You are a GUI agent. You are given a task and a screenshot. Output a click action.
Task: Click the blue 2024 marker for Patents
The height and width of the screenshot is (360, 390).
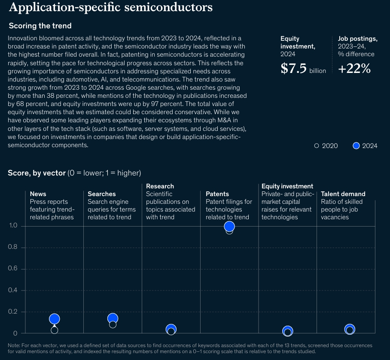pyautogui.click(x=229, y=226)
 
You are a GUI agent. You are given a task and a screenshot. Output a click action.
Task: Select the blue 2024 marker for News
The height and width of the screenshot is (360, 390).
pyautogui.click(x=54, y=319)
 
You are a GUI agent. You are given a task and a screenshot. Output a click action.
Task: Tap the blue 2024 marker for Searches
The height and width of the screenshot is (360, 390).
pyautogui.click(x=113, y=318)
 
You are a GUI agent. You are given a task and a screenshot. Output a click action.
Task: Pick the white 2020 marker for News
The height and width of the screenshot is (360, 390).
pyautogui.click(x=54, y=330)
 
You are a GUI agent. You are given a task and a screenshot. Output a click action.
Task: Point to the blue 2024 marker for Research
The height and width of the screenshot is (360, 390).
pyautogui.click(x=171, y=329)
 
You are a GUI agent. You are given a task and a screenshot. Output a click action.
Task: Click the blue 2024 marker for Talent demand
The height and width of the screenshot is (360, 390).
pyautogui.click(x=350, y=329)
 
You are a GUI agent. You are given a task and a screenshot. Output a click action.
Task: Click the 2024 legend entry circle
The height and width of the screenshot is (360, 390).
pyautogui.click(x=356, y=146)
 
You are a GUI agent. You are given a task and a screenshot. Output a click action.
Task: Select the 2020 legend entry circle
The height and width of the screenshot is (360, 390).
pyautogui.click(x=317, y=146)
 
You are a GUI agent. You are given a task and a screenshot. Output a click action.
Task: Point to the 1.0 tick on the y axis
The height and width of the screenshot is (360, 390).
pyautogui.click(x=13, y=226)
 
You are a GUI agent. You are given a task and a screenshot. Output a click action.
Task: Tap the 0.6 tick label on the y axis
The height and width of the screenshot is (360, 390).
pyautogui.click(x=13, y=269)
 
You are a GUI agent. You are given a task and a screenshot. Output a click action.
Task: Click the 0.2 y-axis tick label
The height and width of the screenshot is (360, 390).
pyautogui.click(x=13, y=312)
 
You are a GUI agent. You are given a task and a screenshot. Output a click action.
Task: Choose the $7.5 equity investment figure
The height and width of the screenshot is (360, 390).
pyautogui.click(x=294, y=69)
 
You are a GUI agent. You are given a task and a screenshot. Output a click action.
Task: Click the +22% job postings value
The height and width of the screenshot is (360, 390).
pyautogui.click(x=354, y=69)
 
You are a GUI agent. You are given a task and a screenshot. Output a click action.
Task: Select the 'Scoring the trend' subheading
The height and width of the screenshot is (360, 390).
pyautogui.click(x=40, y=26)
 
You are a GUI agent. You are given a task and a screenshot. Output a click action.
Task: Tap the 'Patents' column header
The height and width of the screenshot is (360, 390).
pyautogui.click(x=217, y=194)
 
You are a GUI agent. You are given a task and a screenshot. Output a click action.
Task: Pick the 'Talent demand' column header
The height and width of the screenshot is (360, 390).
pyautogui.click(x=343, y=194)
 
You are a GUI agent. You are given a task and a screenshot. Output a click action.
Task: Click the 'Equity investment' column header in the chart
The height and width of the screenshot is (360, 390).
pyautogui.click(x=287, y=186)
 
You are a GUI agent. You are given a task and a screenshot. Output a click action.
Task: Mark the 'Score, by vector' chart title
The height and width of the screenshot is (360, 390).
pyautogui.click(x=37, y=173)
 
